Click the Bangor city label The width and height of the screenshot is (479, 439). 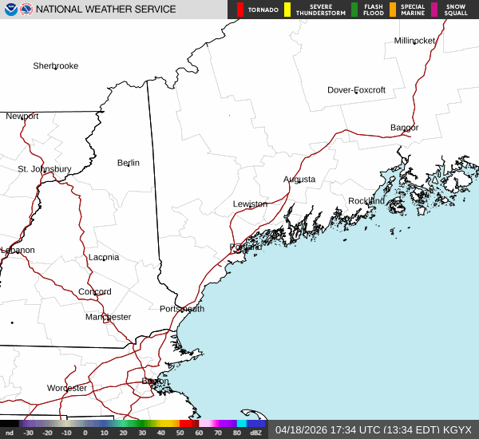click(404, 128)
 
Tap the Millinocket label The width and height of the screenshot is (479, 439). click(414, 41)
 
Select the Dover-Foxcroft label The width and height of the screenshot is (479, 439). click(356, 90)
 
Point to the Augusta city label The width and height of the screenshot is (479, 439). click(299, 180)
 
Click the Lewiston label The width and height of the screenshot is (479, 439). click(250, 204)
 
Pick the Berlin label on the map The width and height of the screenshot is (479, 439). click(129, 163)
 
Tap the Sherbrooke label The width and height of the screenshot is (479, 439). click(55, 66)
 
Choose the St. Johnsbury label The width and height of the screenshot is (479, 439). click(45, 169)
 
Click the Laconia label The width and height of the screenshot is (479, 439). click(104, 257)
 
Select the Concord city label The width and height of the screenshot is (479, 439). click(95, 292)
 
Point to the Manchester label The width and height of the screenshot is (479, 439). click(108, 317)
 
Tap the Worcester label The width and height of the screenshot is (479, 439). click(67, 389)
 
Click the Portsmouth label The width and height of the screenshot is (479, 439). click(182, 309)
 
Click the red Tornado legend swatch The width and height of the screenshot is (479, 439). click(240, 10)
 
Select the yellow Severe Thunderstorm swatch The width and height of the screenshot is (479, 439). click(287, 10)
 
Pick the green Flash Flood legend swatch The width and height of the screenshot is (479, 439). click(354, 10)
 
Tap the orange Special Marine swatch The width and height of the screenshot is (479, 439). click(394, 10)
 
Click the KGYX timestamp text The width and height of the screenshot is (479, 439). click(373, 429)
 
